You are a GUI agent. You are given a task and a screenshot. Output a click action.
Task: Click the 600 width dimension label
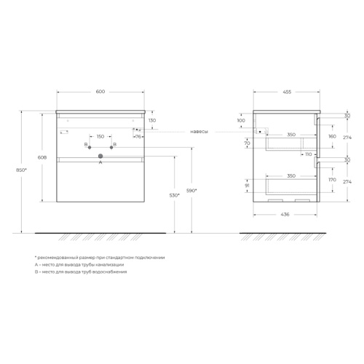pos(100,92)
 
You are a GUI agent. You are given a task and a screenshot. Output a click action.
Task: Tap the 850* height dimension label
pos(21,170)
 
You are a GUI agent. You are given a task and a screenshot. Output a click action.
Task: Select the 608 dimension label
pos(42,157)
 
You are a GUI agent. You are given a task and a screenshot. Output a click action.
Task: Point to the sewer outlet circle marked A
pos(100,156)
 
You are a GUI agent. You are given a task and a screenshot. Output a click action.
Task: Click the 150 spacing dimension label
pos(100,137)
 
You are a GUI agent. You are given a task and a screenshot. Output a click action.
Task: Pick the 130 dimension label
pos(152,120)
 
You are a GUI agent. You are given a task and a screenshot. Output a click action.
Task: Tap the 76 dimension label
pos(138,137)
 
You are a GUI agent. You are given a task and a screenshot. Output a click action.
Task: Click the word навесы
pos(199,132)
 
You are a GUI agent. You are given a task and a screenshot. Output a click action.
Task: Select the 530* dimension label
pos(175,195)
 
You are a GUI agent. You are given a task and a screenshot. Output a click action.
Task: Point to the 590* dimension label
pos(191,191)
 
